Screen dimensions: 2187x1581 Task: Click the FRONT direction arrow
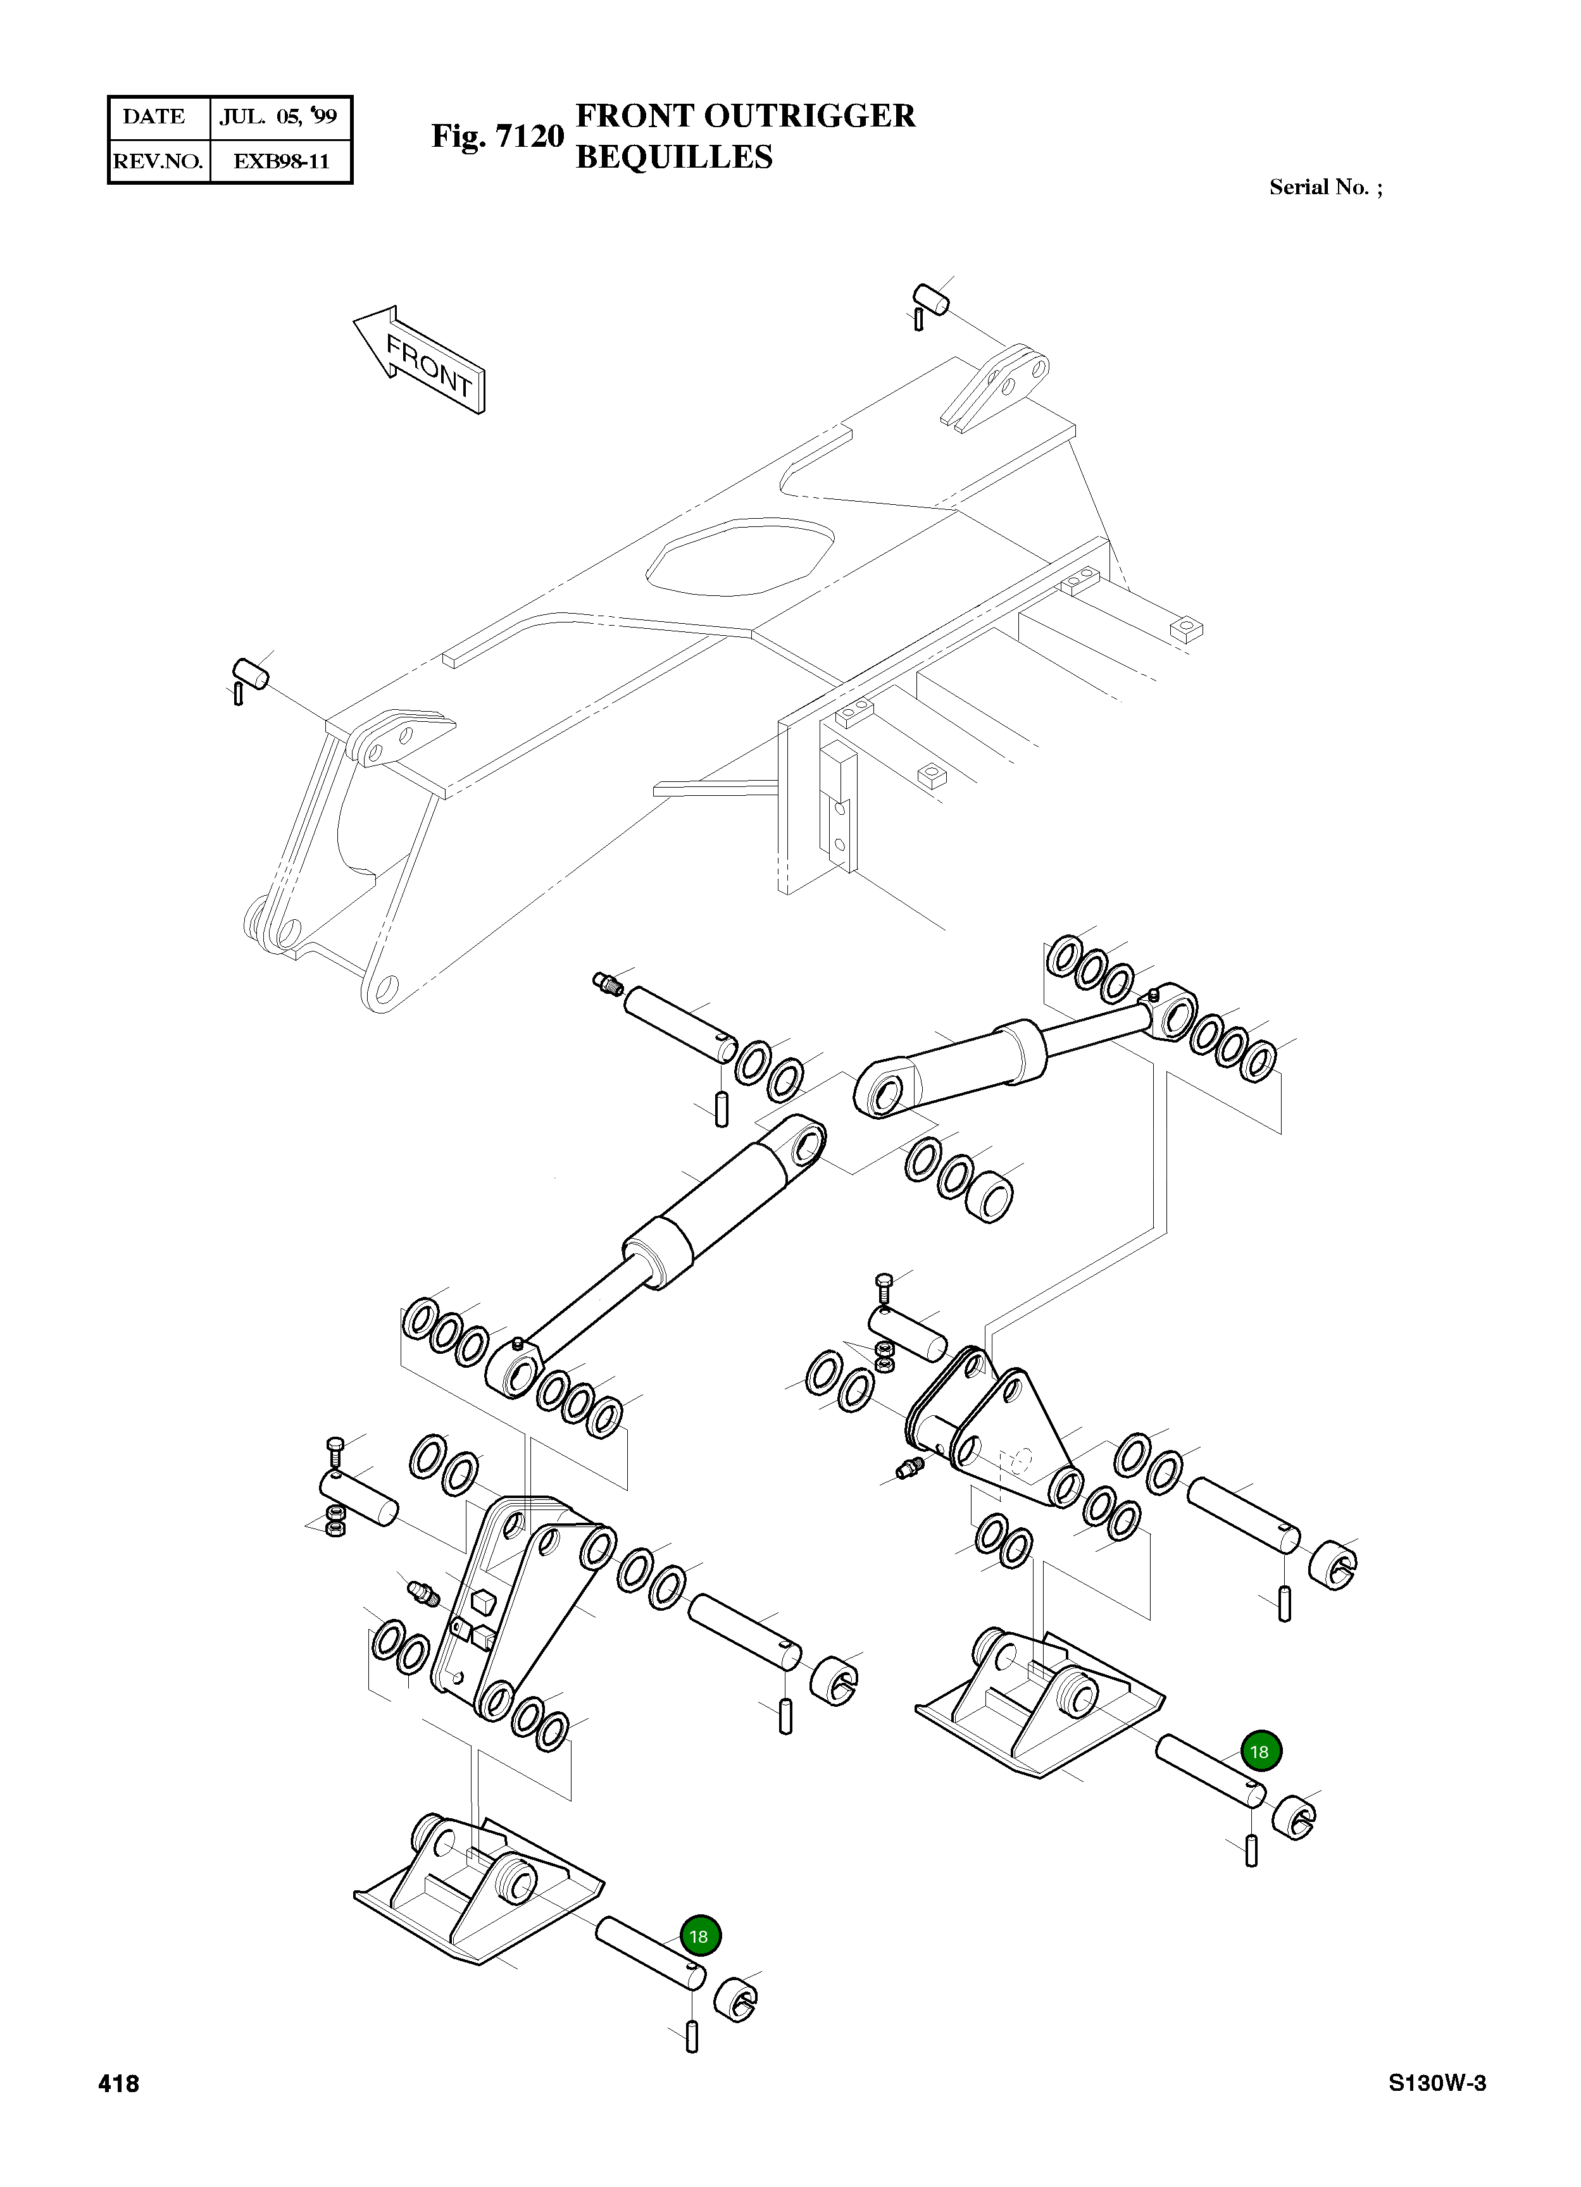click(422, 360)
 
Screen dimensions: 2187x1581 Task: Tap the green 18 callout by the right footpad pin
click(1259, 1751)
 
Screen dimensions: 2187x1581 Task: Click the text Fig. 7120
click(497, 137)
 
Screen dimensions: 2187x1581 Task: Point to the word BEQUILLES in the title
click(673, 157)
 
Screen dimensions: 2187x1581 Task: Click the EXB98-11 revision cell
click(281, 161)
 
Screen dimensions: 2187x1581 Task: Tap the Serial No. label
click(1325, 188)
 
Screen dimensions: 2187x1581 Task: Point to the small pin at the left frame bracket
click(251, 672)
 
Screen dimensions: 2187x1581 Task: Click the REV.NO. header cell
click(157, 161)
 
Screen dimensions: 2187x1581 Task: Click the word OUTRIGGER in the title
click(808, 116)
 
